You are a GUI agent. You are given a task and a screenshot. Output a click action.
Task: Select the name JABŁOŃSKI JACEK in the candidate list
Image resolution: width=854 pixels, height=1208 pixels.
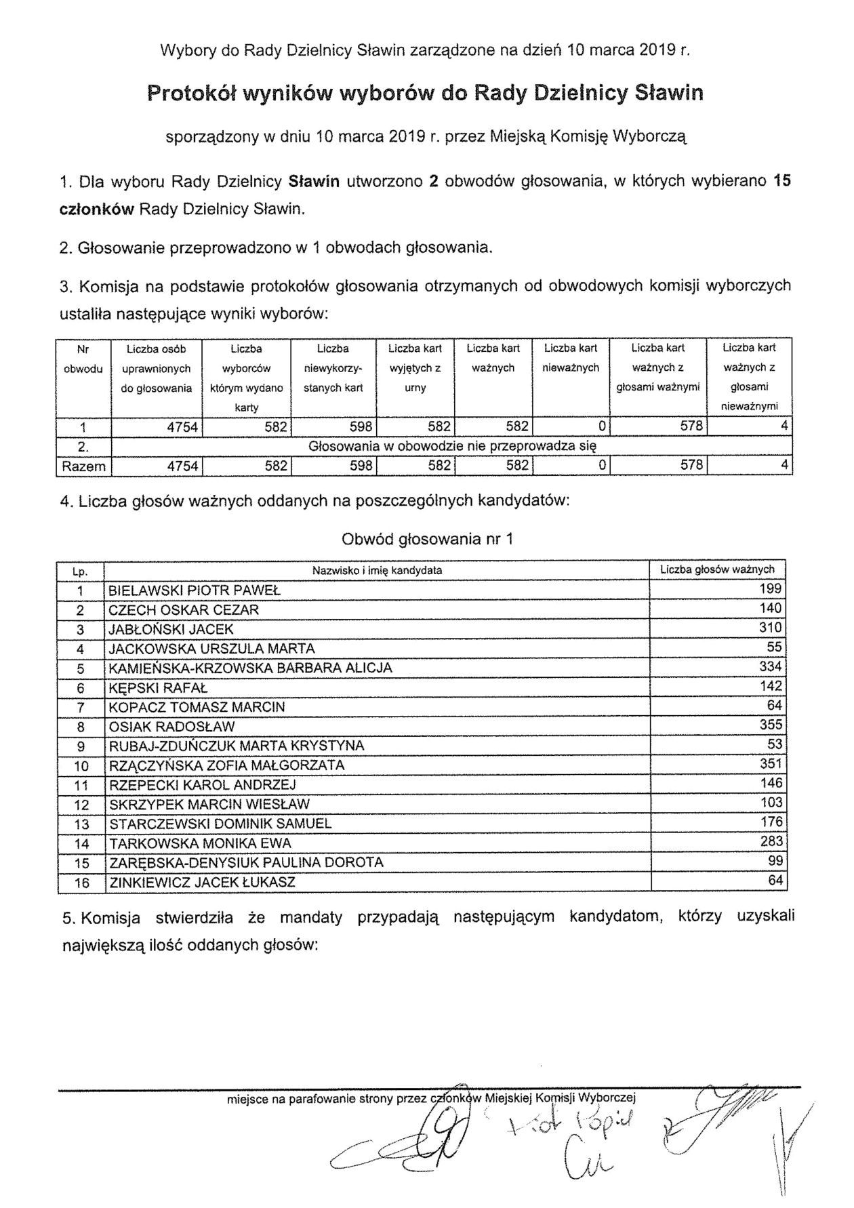171,629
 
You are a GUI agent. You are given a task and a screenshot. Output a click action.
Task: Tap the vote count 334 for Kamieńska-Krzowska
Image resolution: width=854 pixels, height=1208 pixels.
771,667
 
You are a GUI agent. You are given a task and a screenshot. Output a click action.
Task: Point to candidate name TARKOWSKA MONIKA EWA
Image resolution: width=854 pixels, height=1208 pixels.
200,843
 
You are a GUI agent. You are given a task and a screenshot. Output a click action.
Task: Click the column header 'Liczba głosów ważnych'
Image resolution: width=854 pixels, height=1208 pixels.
717,569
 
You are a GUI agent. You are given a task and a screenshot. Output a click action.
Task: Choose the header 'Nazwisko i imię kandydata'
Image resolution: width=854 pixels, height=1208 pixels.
377,571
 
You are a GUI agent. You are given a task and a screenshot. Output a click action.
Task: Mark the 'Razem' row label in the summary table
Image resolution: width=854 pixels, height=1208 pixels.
83,466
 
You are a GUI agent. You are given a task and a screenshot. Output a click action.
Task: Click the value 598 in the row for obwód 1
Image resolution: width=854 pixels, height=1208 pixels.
361,427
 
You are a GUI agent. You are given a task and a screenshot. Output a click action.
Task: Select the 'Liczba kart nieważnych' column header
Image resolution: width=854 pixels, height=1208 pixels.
571,358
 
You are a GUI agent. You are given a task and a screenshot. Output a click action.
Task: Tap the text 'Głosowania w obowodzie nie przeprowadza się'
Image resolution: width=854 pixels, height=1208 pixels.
452,447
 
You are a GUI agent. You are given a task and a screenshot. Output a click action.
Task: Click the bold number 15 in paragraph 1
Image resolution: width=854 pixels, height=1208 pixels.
782,181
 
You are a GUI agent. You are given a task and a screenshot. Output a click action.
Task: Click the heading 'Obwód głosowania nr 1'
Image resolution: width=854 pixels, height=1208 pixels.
427,539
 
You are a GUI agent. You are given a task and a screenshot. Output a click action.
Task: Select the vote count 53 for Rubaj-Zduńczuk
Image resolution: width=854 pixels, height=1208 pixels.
775,745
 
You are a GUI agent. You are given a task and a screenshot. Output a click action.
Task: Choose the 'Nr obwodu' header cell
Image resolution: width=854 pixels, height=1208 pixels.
83,359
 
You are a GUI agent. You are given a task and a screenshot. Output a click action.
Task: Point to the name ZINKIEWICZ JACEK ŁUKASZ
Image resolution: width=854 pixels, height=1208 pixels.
202,883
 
